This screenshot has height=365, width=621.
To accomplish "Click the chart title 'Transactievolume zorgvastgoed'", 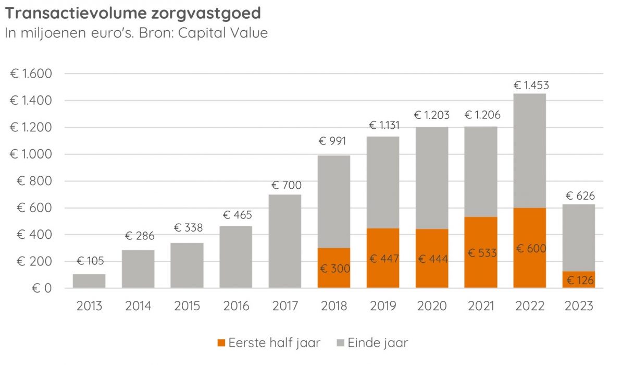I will point(133,13).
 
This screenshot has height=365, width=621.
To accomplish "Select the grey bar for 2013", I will point(89,281).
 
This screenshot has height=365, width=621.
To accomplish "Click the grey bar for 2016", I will point(236,257).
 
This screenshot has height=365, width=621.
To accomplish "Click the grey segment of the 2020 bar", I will point(432,177).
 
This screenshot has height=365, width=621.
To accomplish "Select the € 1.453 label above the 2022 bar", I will point(531,85).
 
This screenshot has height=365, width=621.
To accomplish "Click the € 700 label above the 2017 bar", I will point(286,185).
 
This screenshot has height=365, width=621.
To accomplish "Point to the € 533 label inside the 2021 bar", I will point(481,253).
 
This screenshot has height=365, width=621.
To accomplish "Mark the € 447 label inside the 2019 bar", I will point(383,259).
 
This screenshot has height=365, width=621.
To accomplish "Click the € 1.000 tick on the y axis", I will point(31,154).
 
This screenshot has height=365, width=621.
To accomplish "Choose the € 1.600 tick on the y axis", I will point(31,74).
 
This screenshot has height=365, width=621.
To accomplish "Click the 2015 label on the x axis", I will point(187,306).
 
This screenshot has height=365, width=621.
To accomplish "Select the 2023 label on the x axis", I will point(579,306).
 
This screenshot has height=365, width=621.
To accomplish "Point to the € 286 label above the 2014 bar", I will point(139,236).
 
